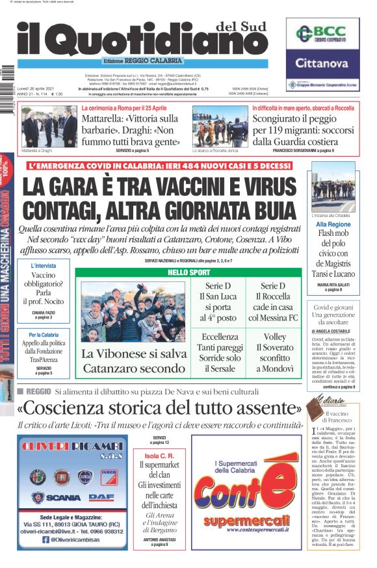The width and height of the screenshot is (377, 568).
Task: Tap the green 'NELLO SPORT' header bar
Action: click(188, 272)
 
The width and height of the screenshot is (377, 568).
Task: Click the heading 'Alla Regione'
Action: click(333, 224)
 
